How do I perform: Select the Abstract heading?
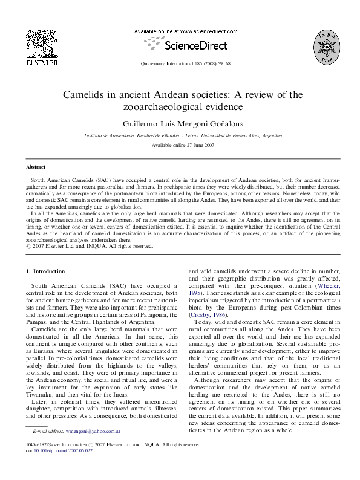point(36,166)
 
